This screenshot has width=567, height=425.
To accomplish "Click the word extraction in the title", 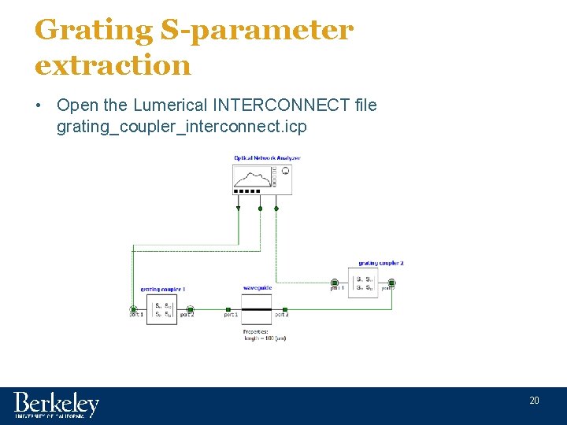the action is [113, 65].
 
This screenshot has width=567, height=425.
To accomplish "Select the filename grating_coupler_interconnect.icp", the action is [181, 126].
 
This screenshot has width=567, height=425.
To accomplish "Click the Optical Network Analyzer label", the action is [267, 158].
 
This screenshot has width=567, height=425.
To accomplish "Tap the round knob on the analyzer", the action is [285, 170].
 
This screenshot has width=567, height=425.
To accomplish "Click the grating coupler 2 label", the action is [380, 263].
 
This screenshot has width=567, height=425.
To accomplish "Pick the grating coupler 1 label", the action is [163, 290].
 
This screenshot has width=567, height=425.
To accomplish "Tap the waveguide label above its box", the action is [257, 288].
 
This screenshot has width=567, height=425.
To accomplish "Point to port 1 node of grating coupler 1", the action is [134, 309].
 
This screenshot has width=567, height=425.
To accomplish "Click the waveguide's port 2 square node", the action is [285, 309].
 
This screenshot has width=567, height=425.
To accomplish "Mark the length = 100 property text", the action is [264, 338].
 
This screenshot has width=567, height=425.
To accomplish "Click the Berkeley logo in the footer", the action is [56, 405].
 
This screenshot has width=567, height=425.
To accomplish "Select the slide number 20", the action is [534, 401].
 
